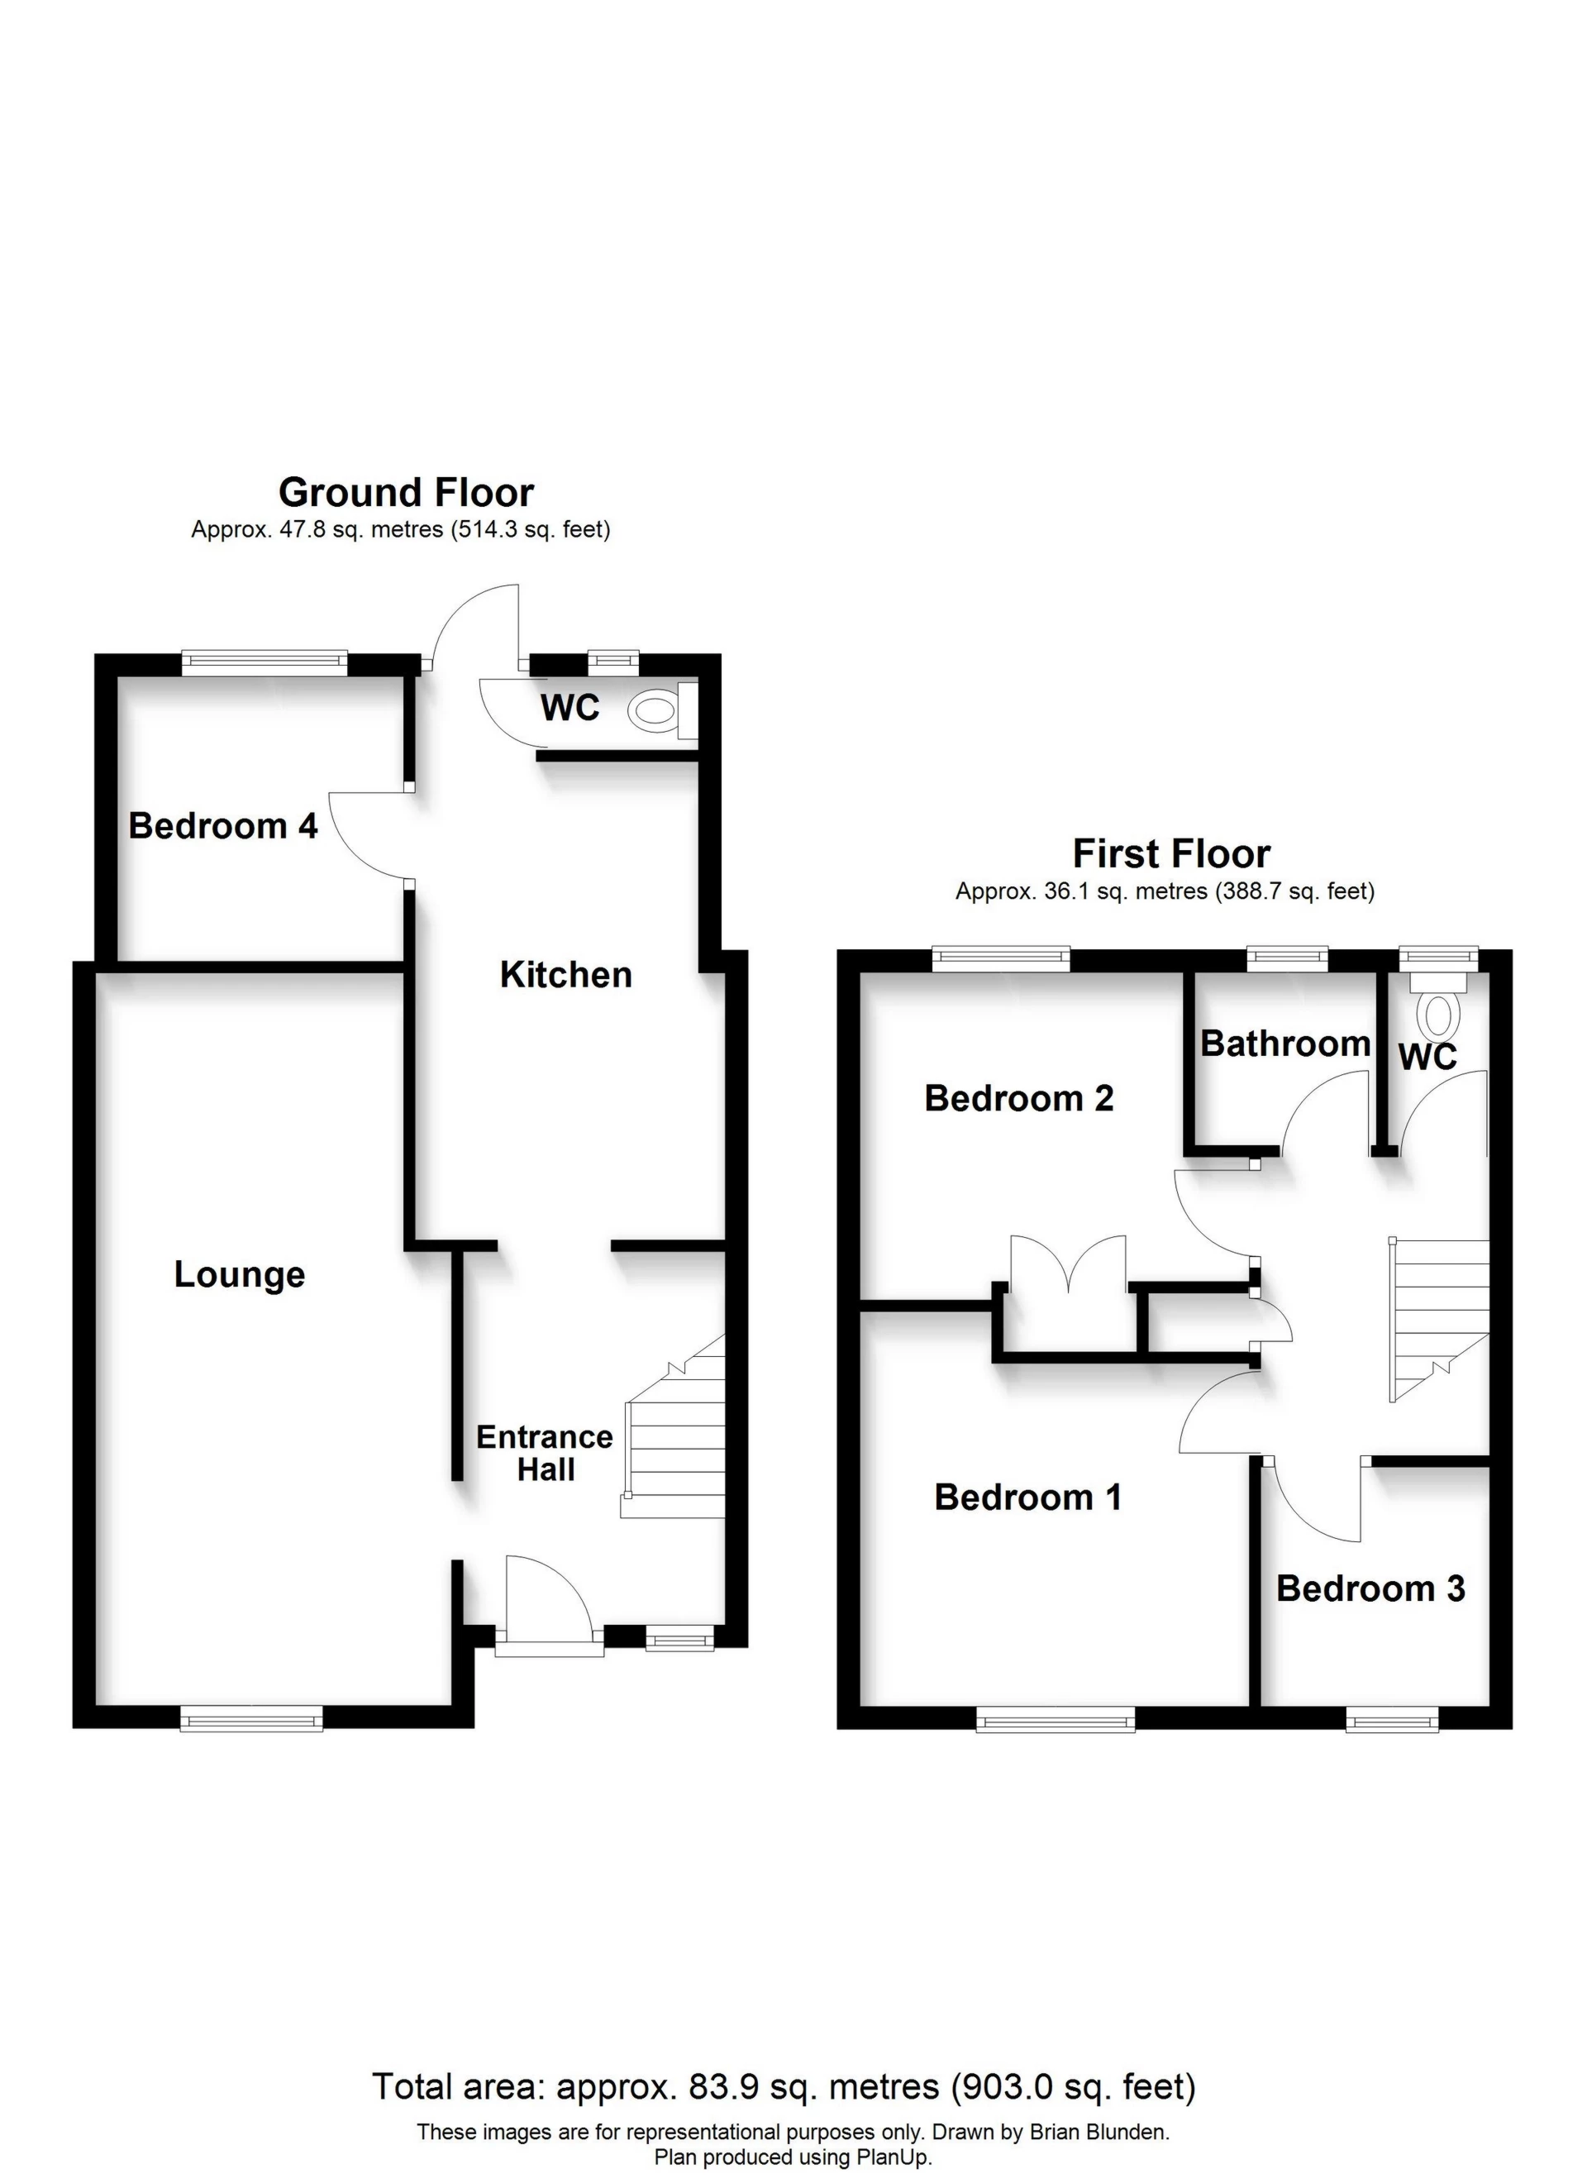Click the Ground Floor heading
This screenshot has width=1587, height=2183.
pos(405,493)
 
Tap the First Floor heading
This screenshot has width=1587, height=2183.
pos(1171,853)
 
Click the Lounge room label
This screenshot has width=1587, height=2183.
pos(240,1274)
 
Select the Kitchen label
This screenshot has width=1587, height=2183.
pos(566,975)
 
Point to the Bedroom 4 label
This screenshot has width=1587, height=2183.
pos(223,826)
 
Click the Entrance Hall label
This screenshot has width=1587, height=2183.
pos(545,1454)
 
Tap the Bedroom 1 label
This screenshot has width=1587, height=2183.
pos(1028,1498)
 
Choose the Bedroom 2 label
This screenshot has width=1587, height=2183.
pos(1019,1098)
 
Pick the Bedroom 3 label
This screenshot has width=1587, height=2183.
pos(1370,1588)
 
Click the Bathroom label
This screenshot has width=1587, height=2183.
pos(1284,1044)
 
